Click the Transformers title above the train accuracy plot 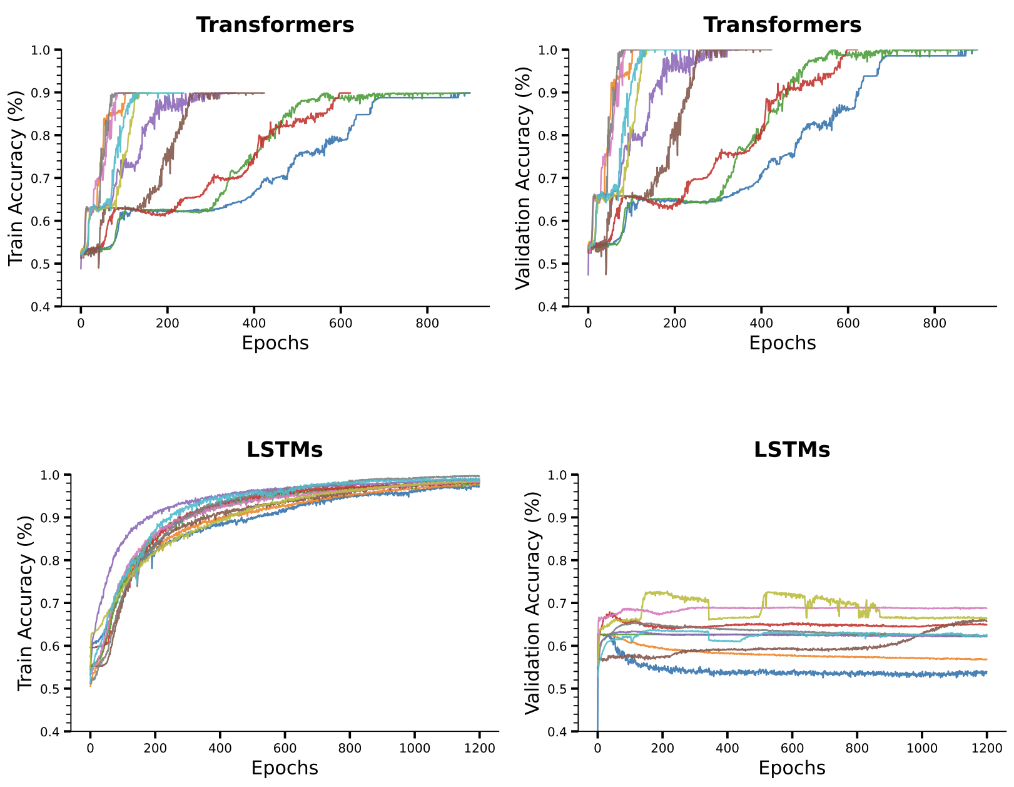(x=275, y=25)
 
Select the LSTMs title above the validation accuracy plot (x=792, y=450)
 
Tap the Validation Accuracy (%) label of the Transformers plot (x=523, y=178)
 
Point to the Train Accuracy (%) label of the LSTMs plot (x=25, y=603)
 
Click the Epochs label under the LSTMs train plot (x=285, y=768)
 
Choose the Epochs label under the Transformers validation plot (x=783, y=343)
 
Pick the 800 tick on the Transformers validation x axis (x=935, y=324)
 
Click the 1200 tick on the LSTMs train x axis (x=480, y=748)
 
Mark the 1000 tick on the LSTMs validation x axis (x=922, y=748)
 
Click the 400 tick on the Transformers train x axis (x=254, y=324)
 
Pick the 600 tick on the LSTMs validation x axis (x=792, y=748)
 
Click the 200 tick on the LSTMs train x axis (x=155, y=748)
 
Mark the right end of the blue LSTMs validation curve (x=986, y=673)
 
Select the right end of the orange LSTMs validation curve (x=986, y=659)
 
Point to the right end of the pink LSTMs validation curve (x=986, y=608)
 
